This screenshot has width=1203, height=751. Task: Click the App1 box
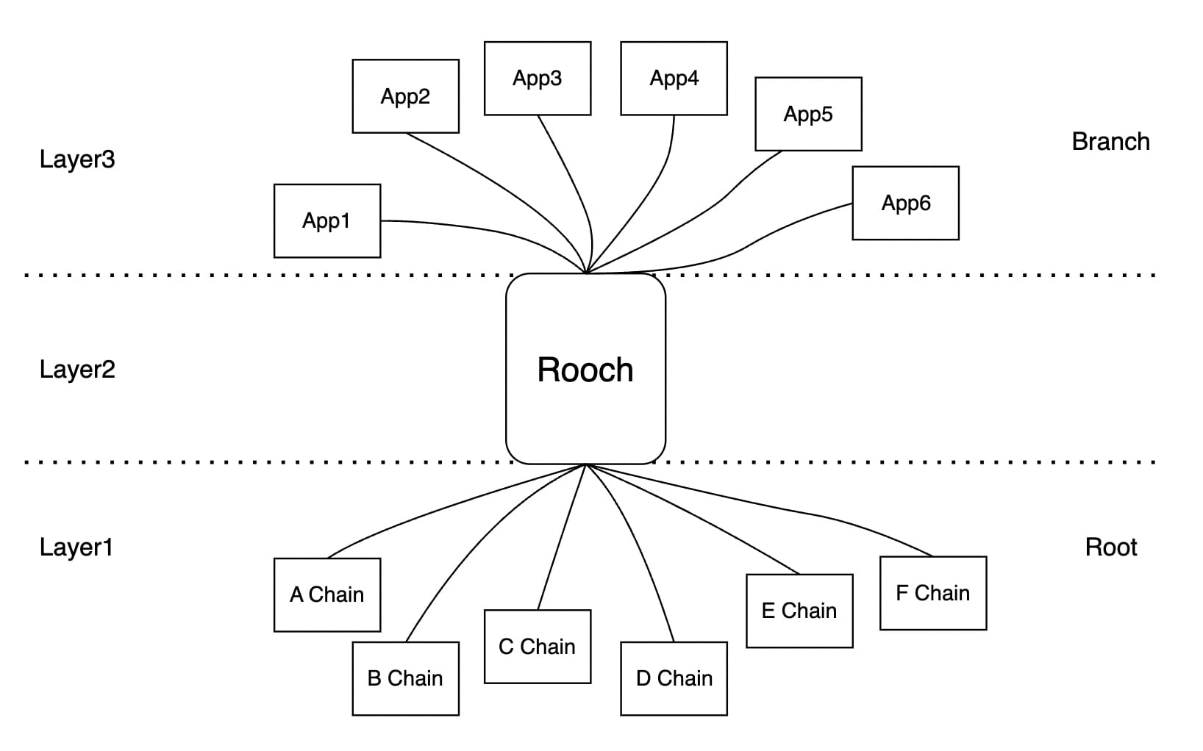pos(326,220)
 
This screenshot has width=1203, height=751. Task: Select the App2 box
pos(405,96)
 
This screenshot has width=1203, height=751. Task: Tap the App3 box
pos(537,78)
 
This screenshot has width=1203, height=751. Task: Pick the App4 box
pos(674,78)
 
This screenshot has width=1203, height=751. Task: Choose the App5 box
pos(807,114)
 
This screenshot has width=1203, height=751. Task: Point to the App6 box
pos(905,203)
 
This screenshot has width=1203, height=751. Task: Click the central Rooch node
pos(585,369)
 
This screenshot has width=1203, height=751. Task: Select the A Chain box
pos(326,594)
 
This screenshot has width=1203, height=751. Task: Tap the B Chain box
pos(405,678)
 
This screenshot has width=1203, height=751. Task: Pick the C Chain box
pos(537,647)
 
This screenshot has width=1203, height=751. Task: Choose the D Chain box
pos(674,678)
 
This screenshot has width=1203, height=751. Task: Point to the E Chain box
pos(799,611)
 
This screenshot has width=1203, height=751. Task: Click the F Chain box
pos(932,593)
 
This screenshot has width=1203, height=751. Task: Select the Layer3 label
pos(77,159)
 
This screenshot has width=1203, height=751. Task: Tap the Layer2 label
pos(77,369)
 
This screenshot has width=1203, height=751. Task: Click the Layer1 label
pos(76,547)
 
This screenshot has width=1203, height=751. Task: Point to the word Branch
pos(1110,142)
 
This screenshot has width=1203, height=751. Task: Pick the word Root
pos(1110,547)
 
